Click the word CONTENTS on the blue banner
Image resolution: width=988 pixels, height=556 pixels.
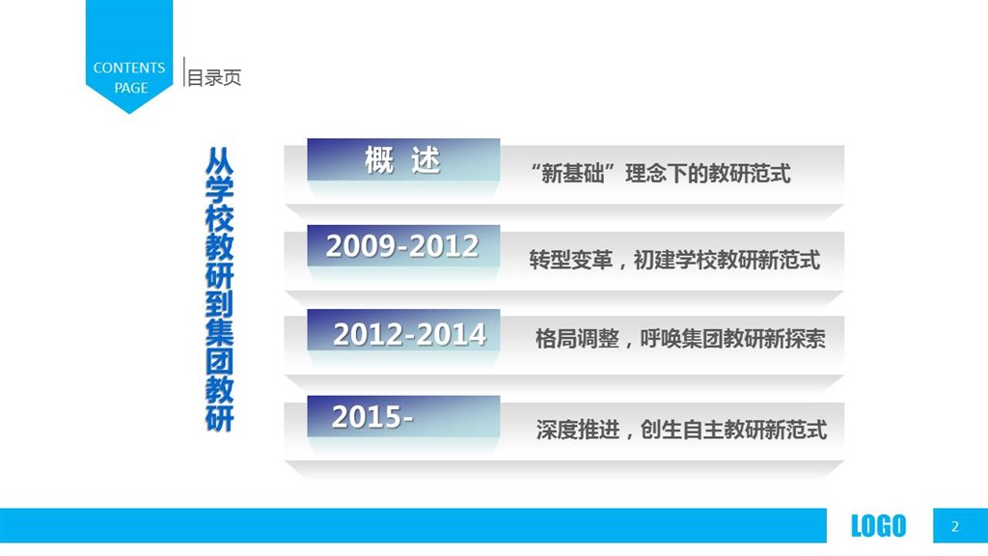point(129,68)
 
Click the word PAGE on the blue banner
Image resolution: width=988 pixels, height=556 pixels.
point(131,88)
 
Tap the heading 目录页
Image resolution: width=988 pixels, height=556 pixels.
point(214,78)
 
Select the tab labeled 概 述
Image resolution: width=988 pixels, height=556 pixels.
point(403,159)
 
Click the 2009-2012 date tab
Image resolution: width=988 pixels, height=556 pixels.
point(403,245)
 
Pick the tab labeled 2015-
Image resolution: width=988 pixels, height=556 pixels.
point(403,416)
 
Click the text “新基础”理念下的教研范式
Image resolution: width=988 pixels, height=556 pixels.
point(661,173)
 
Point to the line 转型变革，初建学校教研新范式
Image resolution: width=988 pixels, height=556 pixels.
point(674,259)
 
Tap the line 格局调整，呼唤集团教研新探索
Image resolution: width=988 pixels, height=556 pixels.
point(680,339)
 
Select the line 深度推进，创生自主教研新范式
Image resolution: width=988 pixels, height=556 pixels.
point(682,430)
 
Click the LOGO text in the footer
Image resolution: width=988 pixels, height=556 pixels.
point(878,526)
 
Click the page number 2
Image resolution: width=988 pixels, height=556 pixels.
point(955,526)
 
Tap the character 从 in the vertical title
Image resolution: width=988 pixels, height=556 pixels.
point(219,161)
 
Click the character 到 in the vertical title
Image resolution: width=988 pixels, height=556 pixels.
point(219,304)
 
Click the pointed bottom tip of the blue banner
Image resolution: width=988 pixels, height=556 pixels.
point(129,114)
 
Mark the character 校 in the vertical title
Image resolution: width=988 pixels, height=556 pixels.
point(219,218)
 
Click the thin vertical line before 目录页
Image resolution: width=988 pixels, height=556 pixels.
point(184,71)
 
